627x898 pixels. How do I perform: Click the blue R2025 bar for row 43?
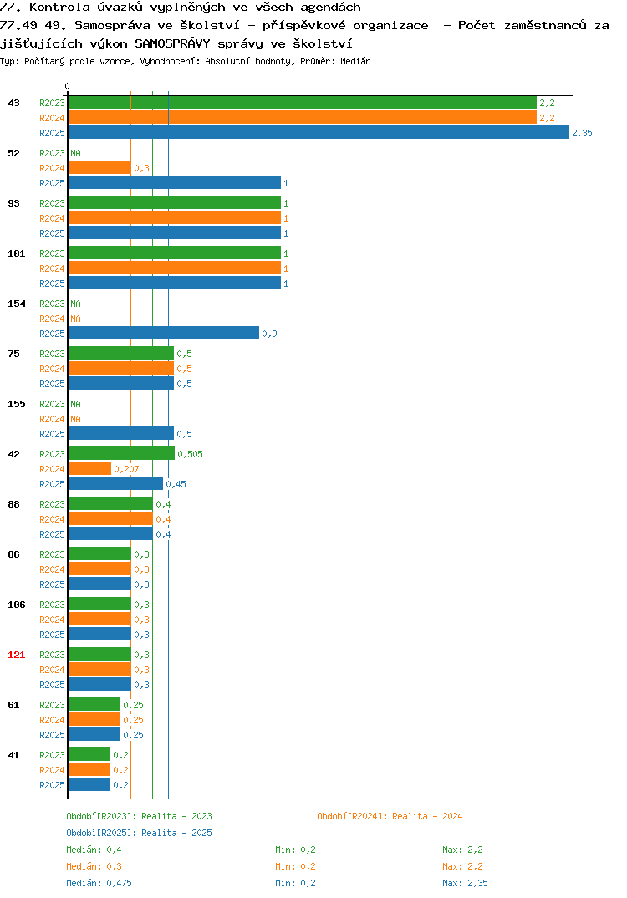(319, 132)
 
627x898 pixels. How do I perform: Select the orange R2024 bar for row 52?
(99, 168)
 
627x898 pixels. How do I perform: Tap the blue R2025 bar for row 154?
(164, 334)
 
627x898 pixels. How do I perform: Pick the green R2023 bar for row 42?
(121, 453)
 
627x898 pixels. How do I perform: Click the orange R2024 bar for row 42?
(89, 468)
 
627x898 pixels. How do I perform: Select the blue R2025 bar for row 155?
(121, 434)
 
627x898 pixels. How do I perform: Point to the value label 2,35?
(583, 133)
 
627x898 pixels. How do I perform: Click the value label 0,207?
(126, 469)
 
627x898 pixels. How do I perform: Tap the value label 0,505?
(190, 454)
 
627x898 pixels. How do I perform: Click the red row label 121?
(17, 655)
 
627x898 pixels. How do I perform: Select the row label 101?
(17, 253)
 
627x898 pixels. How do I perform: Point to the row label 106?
(17, 605)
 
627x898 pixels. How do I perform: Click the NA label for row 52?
(75, 153)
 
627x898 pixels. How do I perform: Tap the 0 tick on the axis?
(67, 86)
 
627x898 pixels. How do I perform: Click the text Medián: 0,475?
(99, 883)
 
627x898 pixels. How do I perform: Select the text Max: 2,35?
(465, 883)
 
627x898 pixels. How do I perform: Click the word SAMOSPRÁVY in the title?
(172, 43)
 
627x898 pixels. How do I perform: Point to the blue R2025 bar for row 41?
(89, 784)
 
